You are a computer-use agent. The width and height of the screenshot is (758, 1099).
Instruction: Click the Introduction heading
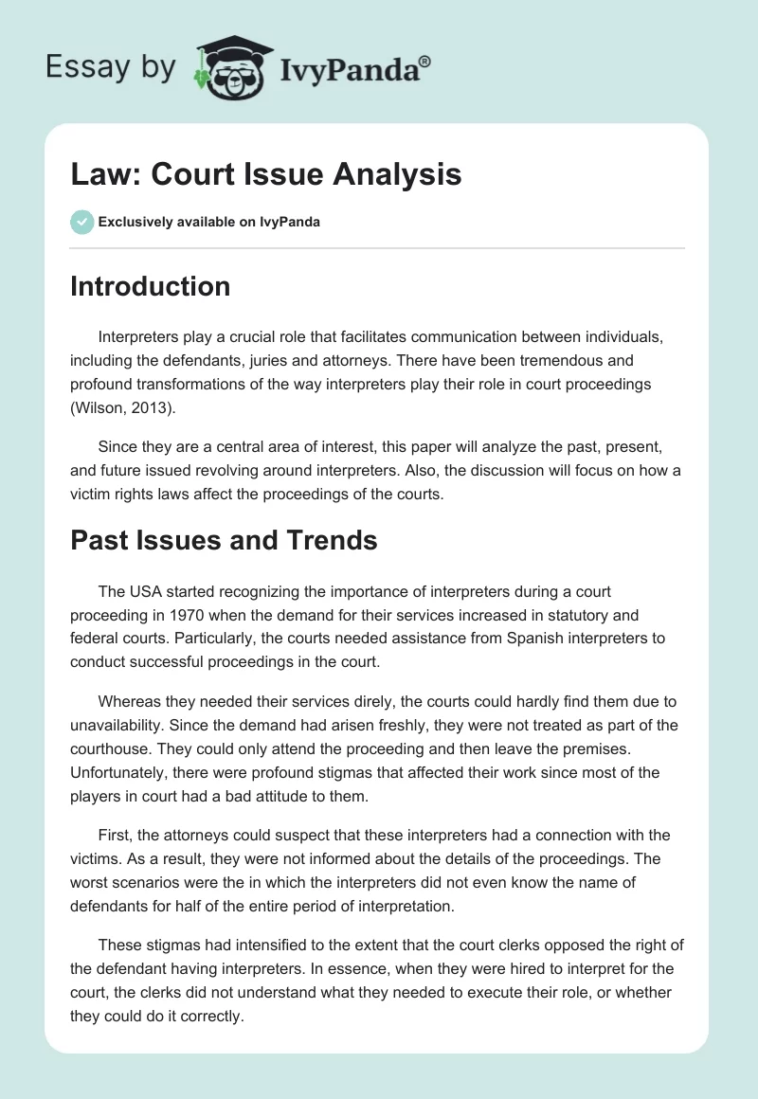[150, 286]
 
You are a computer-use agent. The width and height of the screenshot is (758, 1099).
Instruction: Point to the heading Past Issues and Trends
[224, 540]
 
